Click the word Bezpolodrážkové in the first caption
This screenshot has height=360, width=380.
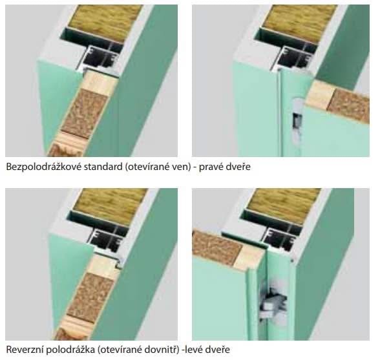pyautogui.click(x=43, y=167)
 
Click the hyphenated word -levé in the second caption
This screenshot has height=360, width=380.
pyautogui.click(x=193, y=350)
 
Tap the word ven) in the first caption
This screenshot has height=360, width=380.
pyautogui.click(x=182, y=167)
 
